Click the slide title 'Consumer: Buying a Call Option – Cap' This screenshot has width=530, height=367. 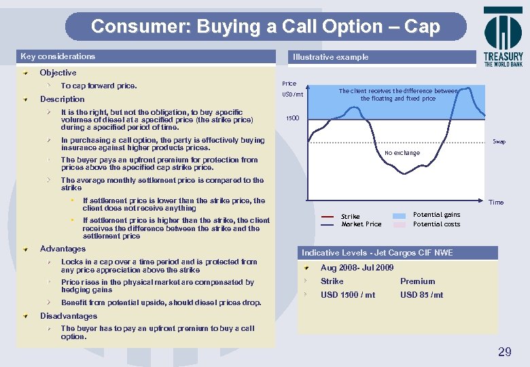click(265, 27)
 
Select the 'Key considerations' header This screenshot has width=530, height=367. click(58, 56)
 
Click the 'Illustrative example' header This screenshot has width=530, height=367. click(330, 57)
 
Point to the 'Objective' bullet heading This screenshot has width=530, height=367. click(58, 73)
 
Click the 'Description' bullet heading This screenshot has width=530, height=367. click(62, 99)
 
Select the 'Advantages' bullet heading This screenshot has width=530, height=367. click(63, 249)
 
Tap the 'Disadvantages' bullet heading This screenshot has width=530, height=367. click(68, 316)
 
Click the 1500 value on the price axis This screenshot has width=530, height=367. click(292, 118)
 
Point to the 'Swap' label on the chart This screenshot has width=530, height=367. click(499, 142)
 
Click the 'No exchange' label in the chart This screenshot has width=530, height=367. click(402, 153)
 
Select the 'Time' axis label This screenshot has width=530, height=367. click(497, 203)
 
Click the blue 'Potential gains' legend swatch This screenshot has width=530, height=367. click(400, 215)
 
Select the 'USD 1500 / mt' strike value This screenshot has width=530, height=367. click(348, 295)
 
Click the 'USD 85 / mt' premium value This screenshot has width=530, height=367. click(421, 295)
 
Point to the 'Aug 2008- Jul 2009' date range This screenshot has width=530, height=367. click(357, 268)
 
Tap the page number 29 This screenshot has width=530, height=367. click(504, 351)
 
